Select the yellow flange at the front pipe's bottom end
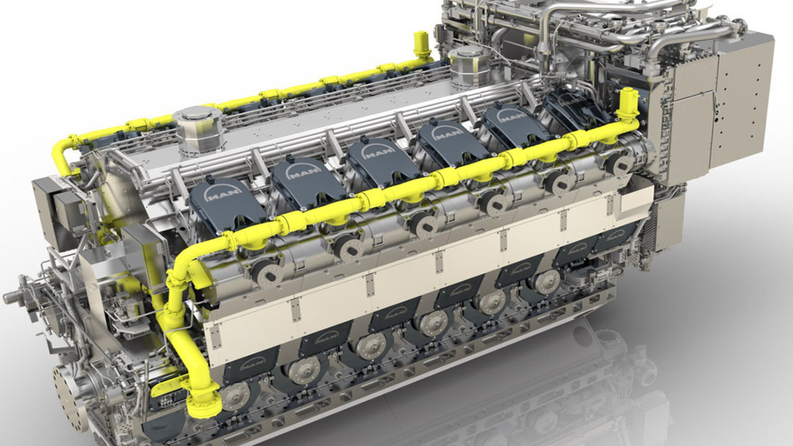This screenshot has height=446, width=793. pos(206,402)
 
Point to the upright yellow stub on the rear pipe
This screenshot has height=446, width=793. pos(420,44)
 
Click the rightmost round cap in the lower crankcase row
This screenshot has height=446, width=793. pos(547,281)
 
